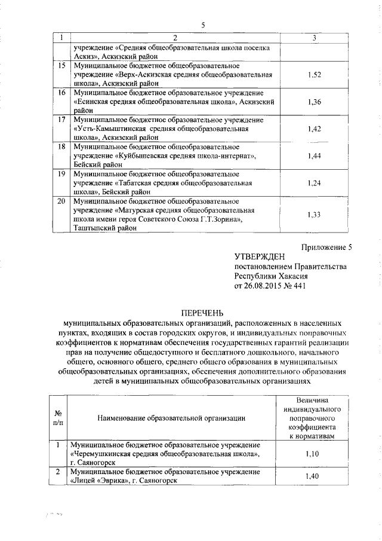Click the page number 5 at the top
202,25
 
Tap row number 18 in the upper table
61,146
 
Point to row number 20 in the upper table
61,201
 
